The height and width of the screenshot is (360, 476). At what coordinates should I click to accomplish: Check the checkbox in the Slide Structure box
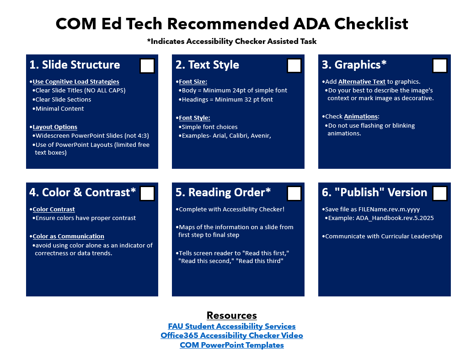[147, 65]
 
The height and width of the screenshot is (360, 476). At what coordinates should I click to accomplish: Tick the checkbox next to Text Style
[294, 65]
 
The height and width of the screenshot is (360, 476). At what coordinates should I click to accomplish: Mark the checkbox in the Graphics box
[440, 65]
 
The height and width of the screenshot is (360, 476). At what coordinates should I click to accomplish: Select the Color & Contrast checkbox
[147, 193]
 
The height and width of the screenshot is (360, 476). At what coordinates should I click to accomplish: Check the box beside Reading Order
[294, 193]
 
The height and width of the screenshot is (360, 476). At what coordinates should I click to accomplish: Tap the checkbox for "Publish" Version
[440, 193]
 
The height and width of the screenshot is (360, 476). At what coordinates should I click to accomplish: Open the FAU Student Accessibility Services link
[232, 326]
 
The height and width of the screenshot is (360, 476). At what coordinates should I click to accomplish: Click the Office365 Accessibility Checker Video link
[232, 335]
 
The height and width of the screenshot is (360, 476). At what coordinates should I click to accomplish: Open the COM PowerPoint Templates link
[232, 345]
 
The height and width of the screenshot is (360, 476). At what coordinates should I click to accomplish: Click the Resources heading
[232, 315]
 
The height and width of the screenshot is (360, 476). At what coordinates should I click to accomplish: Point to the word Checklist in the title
[371, 24]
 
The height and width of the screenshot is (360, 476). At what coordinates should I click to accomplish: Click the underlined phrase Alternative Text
[362, 82]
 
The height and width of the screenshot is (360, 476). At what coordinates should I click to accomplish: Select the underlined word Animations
[361, 117]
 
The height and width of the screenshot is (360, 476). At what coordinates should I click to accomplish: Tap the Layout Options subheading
[55, 127]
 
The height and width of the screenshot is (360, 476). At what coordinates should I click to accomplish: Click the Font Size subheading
[193, 82]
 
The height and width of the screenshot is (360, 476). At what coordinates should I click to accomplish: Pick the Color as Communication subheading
[68, 236]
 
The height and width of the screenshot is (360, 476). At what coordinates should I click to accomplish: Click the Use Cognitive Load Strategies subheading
[76, 82]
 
